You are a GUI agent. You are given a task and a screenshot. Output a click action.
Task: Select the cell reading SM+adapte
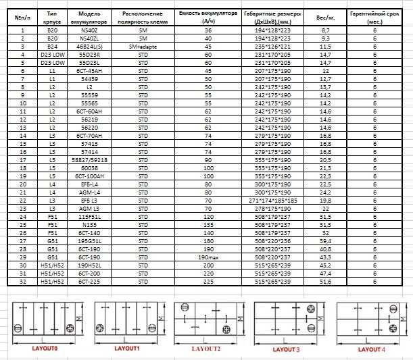pyautogui.click(x=143, y=46)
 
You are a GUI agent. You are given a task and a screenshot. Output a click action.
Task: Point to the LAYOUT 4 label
pyautogui.click(x=370, y=349)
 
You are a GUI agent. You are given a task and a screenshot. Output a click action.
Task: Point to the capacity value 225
pyautogui.click(x=208, y=282)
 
